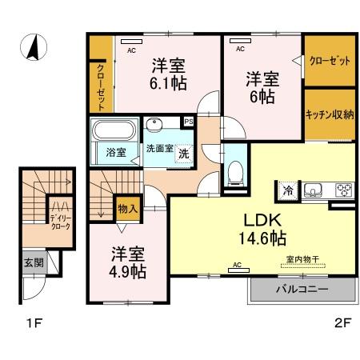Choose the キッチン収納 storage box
point(329,114)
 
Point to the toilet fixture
point(236,170)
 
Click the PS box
point(189,122)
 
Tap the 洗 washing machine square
point(183,152)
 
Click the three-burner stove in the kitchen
point(344,190)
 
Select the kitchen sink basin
point(314,190)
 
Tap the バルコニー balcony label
point(302,290)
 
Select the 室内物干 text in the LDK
point(302,259)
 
